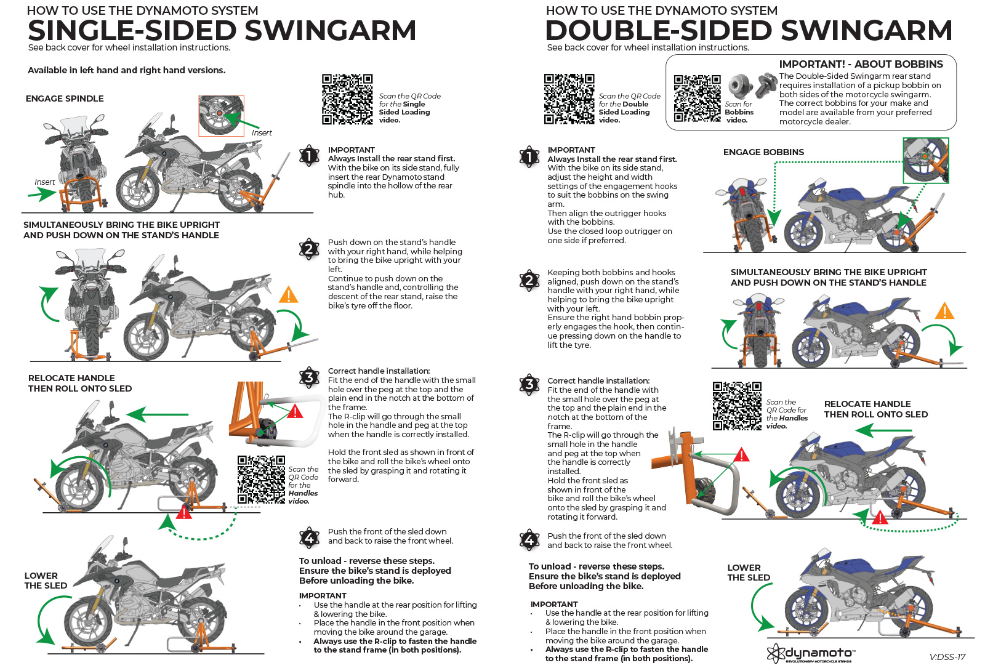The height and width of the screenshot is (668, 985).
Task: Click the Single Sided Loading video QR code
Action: click(347, 99)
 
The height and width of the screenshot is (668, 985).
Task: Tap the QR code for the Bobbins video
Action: click(697, 99)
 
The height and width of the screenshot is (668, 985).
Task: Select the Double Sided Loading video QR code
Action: click(569, 99)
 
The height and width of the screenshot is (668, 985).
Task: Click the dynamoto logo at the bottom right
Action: click(811, 653)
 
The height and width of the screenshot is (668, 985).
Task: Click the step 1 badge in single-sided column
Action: click(309, 156)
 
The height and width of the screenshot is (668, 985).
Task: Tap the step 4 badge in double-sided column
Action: click(529, 540)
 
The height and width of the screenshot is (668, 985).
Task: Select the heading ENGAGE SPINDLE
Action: click(65, 99)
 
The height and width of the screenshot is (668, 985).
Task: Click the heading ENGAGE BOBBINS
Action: click(763, 152)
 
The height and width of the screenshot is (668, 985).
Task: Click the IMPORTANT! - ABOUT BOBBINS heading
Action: click(861, 64)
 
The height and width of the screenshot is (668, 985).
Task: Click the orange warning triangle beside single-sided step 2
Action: click(288, 295)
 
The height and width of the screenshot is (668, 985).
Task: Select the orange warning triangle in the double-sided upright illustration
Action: click(944, 311)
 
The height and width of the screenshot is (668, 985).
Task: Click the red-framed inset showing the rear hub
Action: click(221, 115)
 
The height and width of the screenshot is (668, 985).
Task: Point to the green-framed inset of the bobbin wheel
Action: click(925, 160)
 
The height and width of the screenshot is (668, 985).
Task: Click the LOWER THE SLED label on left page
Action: click(46, 581)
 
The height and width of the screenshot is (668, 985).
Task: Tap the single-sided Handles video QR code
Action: click(261, 480)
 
